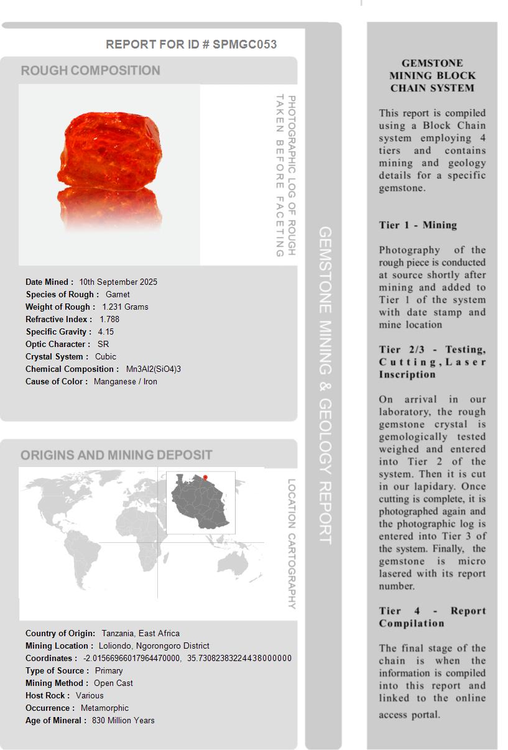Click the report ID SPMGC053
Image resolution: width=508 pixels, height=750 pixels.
[x=244, y=44]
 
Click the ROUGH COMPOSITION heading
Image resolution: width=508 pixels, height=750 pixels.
[x=91, y=70]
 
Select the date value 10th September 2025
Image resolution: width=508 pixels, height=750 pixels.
[x=118, y=282]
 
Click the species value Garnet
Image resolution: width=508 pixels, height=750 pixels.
[x=118, y=294]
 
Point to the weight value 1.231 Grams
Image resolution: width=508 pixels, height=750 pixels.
[x=125, y=307]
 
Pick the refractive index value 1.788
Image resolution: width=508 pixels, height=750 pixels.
[x=109, y=319]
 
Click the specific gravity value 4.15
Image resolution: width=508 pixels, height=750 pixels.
[x=106, y=331]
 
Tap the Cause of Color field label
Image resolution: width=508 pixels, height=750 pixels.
[x=57, y=381]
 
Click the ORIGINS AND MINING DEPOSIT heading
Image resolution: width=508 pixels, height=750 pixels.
[x=116, y=455]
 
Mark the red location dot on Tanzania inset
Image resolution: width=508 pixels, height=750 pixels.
[x=205, y=478]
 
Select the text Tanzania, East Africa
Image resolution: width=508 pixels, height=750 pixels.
[x=141, y=633]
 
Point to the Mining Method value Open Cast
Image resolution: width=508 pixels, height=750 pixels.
[x=113, y=683]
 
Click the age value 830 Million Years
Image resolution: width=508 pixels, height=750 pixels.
[x=123, y=720]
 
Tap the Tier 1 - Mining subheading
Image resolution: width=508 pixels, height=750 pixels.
[x=418, y=225]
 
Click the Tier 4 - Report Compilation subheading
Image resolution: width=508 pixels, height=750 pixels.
[x=432, y=617]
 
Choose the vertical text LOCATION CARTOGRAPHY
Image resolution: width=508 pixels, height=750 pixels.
[x=292, y=544]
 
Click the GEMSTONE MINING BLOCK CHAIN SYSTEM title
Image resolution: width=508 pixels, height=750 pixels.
[x=432, y=75]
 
